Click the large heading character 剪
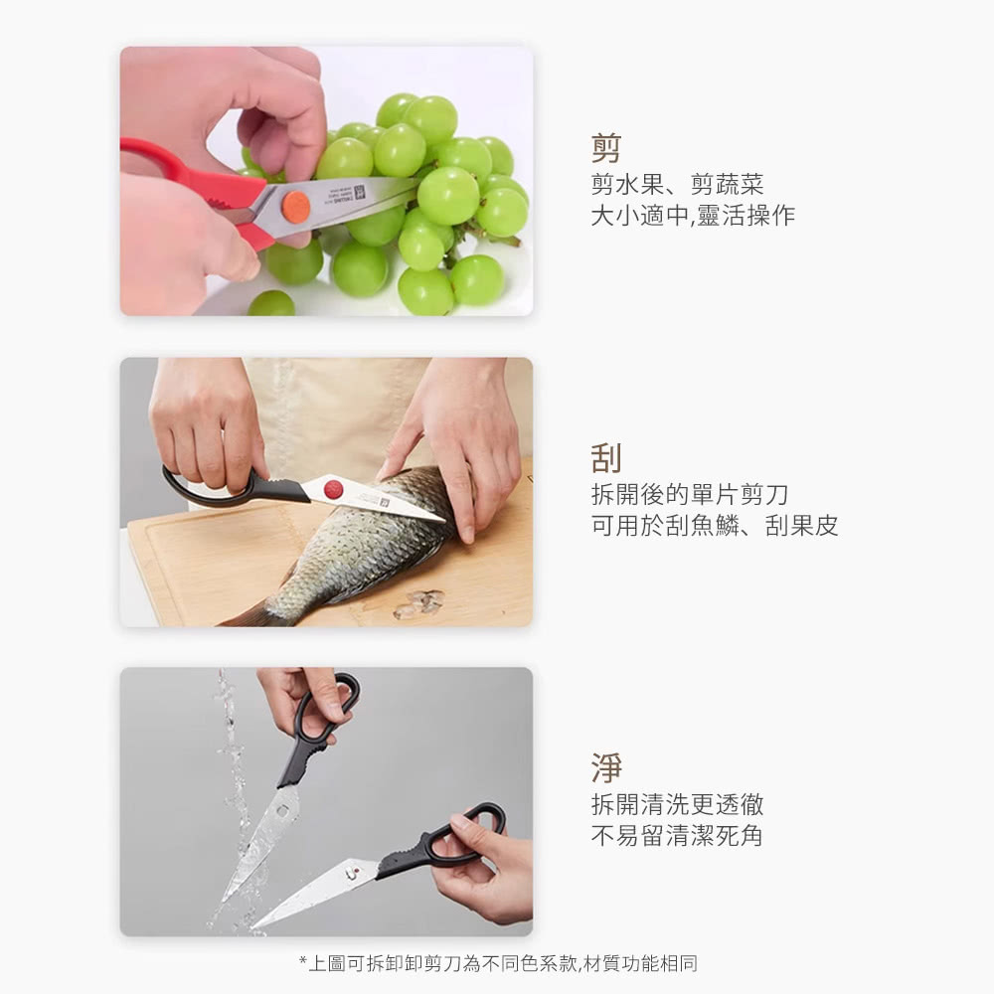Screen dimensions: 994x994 (606, 148)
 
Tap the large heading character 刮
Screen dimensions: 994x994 (606, 457)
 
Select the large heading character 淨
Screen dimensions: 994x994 (606, 767)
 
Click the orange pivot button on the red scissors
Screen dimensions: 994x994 (295, 207)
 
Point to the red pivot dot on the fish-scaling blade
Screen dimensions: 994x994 (333, 489)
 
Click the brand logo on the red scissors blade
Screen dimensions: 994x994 (360, 193)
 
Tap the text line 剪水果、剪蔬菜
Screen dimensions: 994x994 (677, 184)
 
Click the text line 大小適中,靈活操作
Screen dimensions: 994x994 (693, 216)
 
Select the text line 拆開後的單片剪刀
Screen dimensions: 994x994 (690, 494)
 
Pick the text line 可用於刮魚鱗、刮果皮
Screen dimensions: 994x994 (715, 526)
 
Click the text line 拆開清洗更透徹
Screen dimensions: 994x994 (677, 804)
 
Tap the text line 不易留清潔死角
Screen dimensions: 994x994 (677, 836)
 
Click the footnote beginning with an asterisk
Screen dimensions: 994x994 (498, 963)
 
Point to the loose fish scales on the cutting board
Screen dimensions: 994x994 (419, 603)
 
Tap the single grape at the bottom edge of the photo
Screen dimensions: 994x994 (271, 303)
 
